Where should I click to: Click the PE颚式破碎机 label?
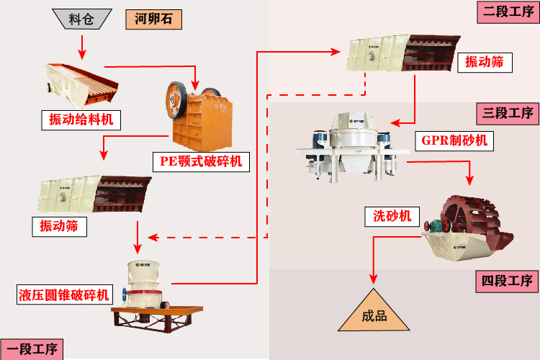pos(201,161)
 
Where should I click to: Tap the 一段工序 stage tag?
pos(32,350)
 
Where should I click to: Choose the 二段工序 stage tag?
pos(507,12)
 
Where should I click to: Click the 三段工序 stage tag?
pos(507,113)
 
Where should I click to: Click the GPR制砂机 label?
pos(455,140)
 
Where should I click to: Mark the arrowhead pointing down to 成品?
pos(374,279)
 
